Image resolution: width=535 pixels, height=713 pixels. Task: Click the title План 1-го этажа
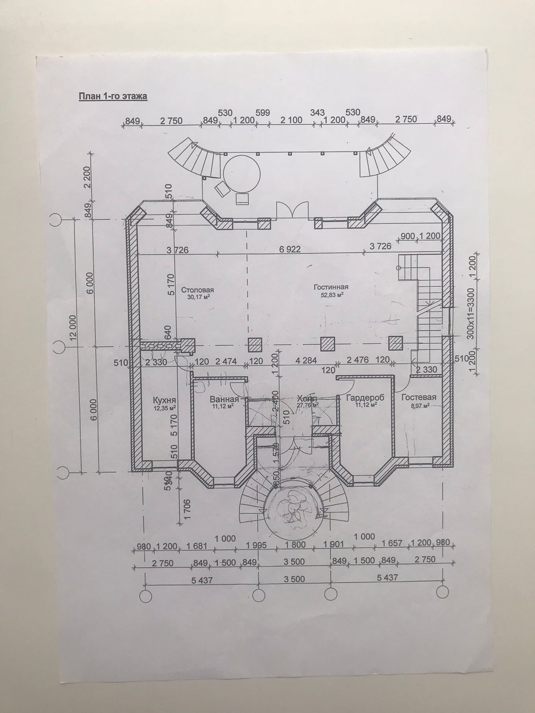pyautogui.click(x=113, y=96)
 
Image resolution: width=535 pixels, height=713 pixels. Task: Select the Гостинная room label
pyautogui.click(x=331, y=287)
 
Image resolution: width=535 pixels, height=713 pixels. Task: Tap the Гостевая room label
pyautogui.click(x=418, y=397)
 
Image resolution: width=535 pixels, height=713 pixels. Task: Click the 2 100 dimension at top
pyautogui.click(x=292, y=119)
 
